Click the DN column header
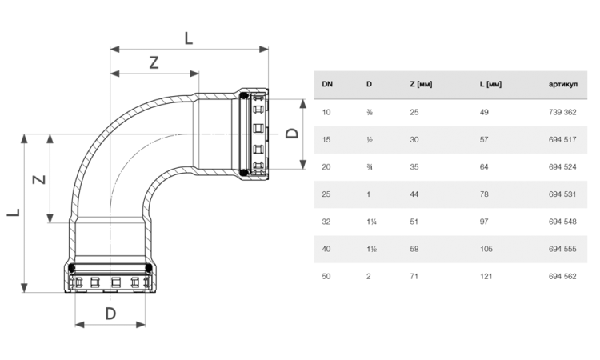click(x=327, y=84)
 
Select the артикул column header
click(x=563, y=85)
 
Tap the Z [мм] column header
click(x=421, y=84)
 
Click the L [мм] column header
click(x=490, y=84)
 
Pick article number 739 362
click(x=562, y=112)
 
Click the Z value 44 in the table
click(x=414, y=194)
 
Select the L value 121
click(x=486, y=276)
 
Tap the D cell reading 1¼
click(x=371, y=222)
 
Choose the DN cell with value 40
click(x=326, y=249)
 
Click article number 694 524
click(x=562, y=167)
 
